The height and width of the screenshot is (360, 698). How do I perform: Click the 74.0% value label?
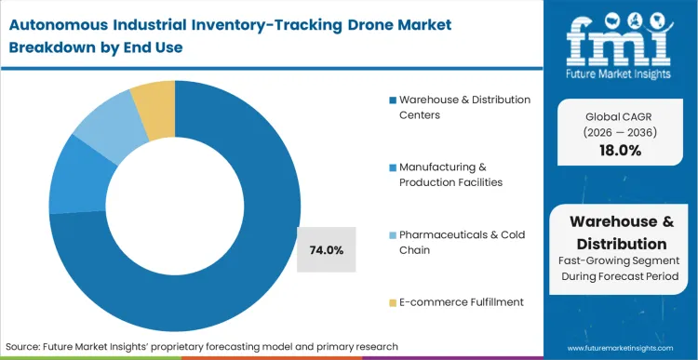[327, 249]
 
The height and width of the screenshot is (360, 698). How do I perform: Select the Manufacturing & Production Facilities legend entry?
[451, 174]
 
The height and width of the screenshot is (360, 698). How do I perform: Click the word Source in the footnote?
[26, 346]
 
